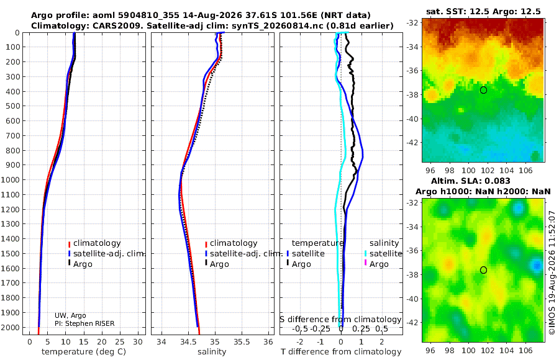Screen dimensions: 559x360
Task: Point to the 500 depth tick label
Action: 12,106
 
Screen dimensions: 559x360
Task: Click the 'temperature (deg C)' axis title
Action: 84,352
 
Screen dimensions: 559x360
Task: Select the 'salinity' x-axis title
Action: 212,352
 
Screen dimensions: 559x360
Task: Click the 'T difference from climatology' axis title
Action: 341,352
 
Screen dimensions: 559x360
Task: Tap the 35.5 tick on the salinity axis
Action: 242,342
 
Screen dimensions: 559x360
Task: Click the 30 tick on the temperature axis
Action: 138,342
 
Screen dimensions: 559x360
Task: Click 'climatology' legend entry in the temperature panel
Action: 97,243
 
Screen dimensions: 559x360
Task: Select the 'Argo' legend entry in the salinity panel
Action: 219,264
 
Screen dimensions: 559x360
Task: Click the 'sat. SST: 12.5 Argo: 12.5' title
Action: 483,11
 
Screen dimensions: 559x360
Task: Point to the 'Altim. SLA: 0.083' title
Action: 471,181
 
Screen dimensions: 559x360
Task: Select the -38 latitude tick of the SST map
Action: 413,95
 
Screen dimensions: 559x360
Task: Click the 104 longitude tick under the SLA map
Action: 507,350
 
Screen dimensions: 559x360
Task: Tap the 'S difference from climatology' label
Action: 340,319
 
